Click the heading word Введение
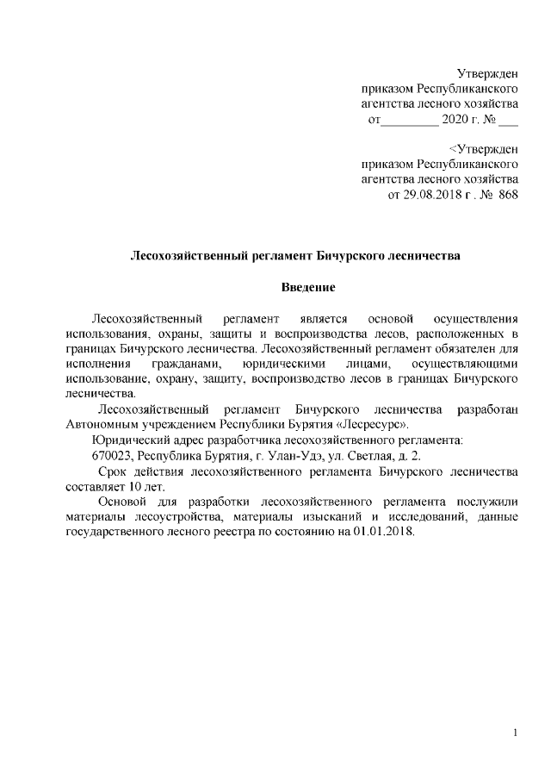point(307,286)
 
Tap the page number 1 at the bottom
point(515,733)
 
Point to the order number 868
point(509,196)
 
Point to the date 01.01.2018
point(382,532)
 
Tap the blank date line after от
point(408,121)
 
